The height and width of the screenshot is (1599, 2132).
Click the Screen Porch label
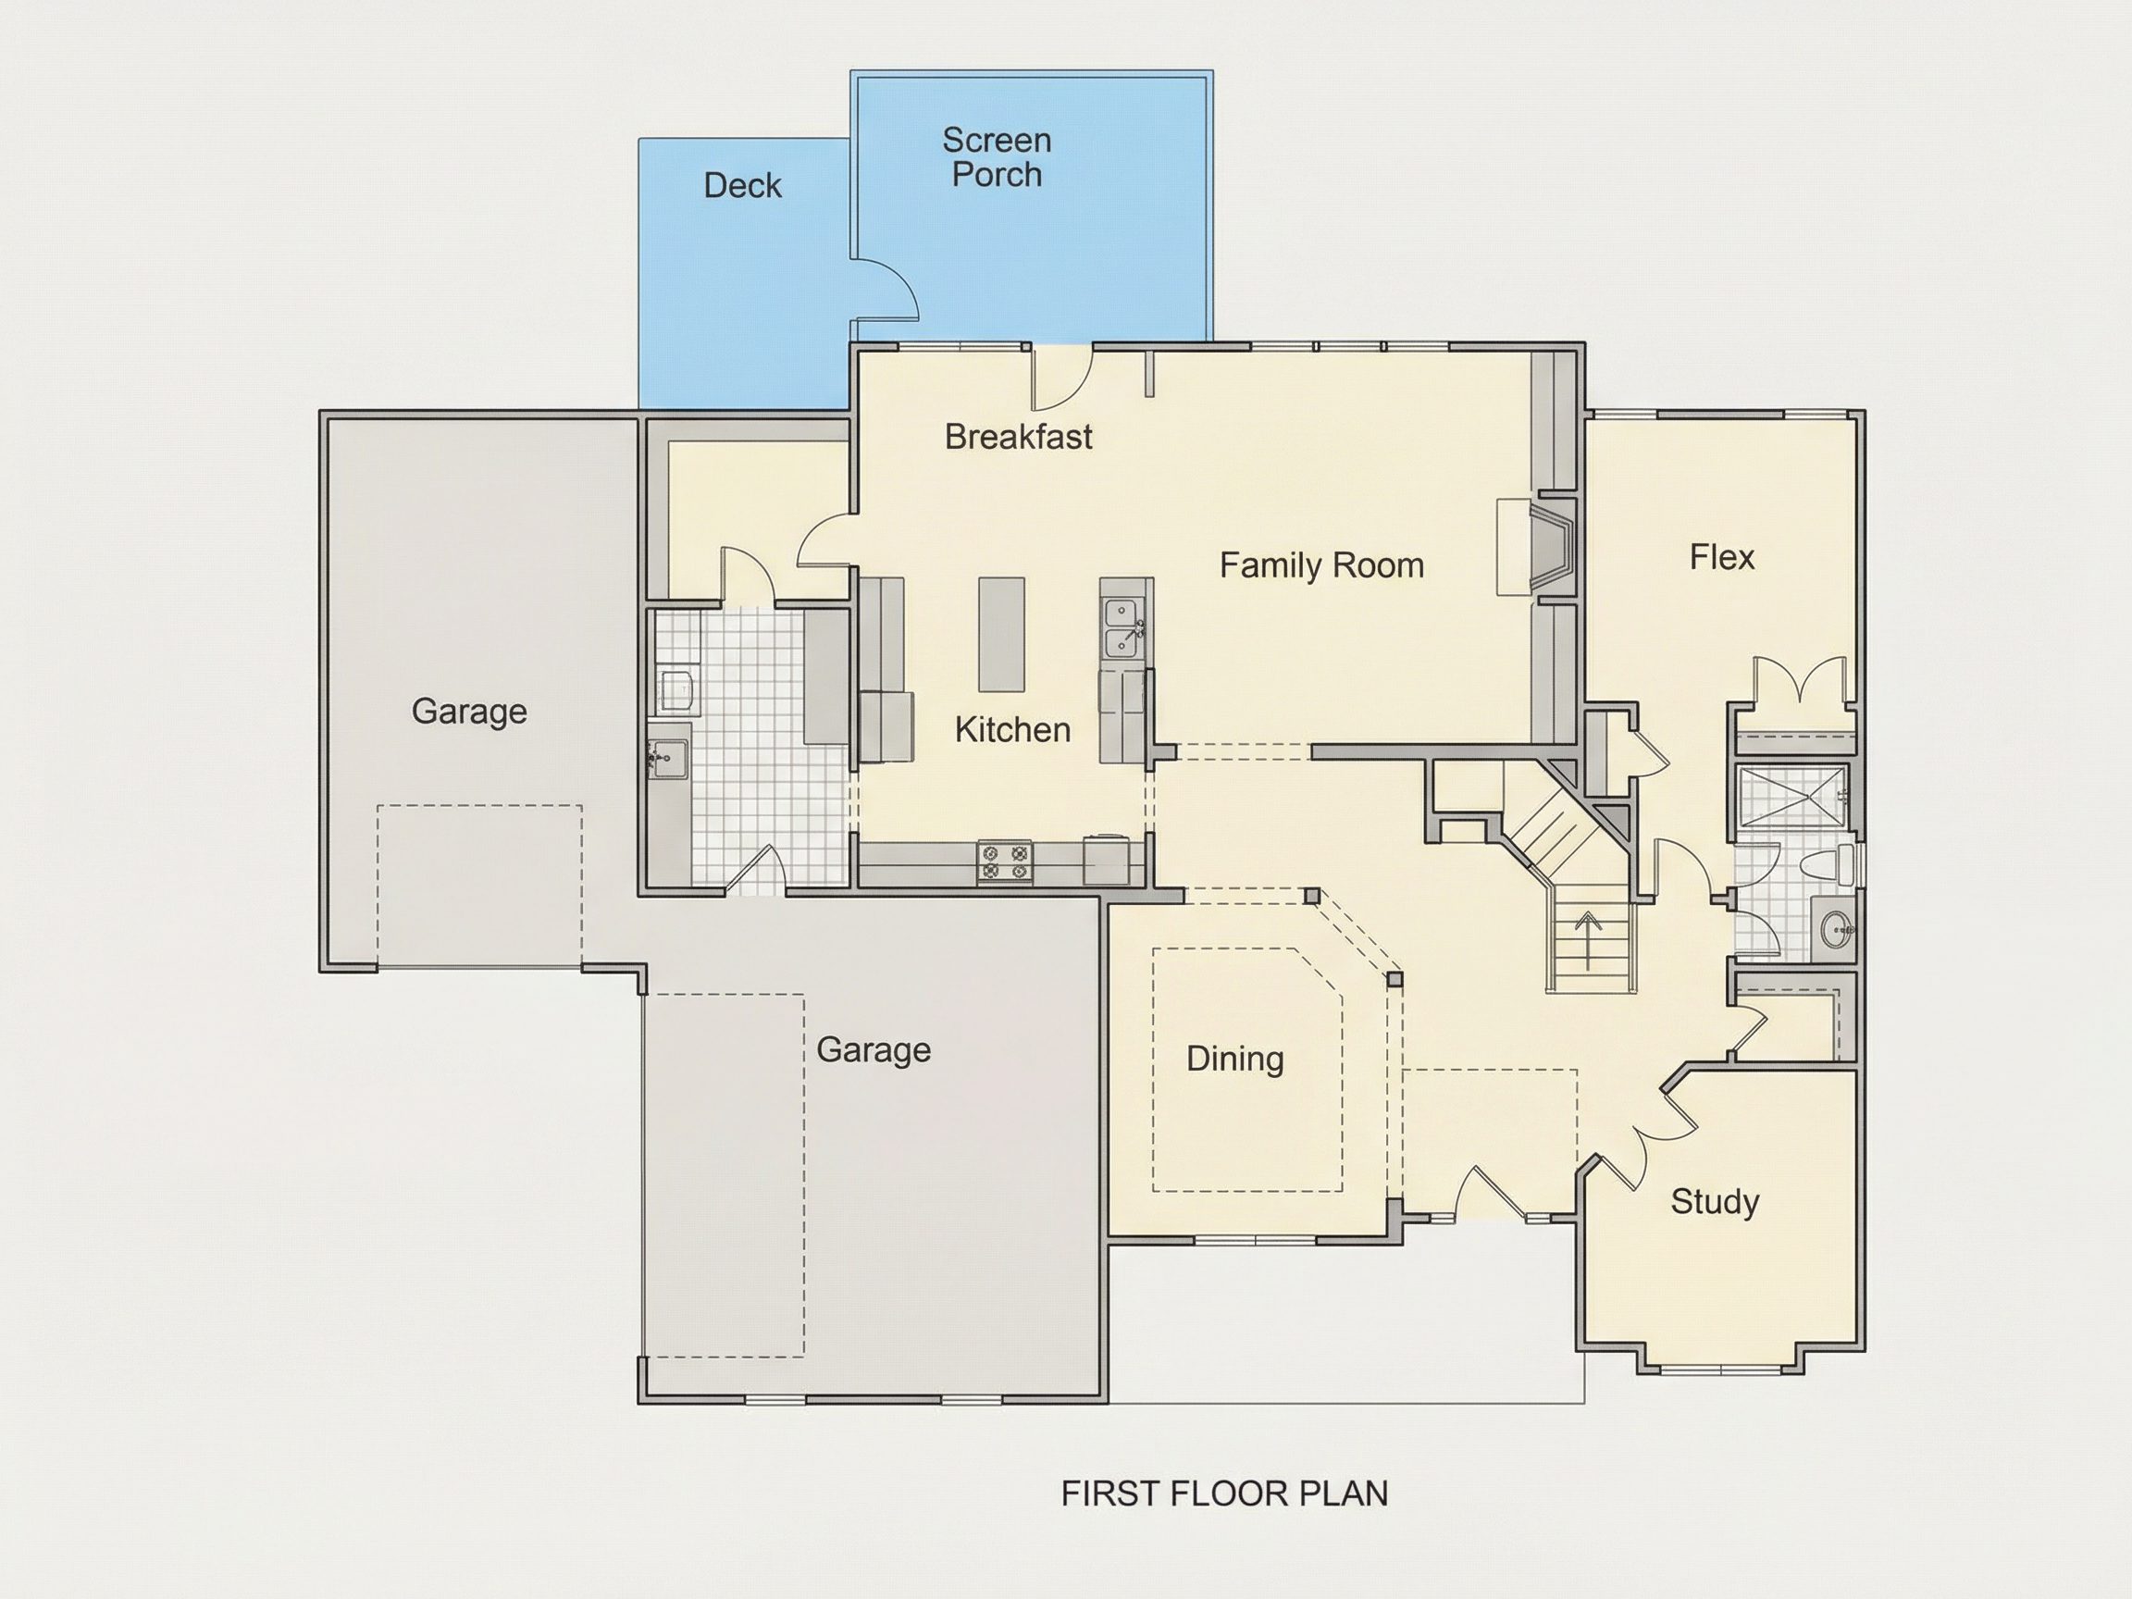pyautogui.click(x=997, y=157)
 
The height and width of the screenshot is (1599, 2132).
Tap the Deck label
pyautogui.click(x=742, y=185)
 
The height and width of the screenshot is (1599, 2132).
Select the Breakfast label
pyautogui.click(x=1018, y=437)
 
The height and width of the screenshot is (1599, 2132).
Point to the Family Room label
pyautogui.click(x=1321, y=564)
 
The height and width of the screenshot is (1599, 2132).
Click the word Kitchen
pyautogui.click(x=1012, y=729)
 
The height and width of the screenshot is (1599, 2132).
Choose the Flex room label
pyautogui.click(x=1721, y=556)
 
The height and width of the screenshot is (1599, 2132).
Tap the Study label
pyautogui.click(x=1715, y=1202)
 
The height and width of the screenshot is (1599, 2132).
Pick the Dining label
pyautogui.click(x=1234, y=1059)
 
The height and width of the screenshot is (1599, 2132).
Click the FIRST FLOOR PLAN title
pyautogui.click(x=1224, y=1493)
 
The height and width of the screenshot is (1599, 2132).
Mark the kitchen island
pyautogui.click(x=1001, y=634)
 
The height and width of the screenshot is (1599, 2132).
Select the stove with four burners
pyautogui.click(x=1004, y=861)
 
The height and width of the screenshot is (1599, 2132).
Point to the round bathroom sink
pyautogui.click(x=1836, y=929)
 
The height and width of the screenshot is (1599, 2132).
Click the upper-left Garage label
pyautogui.click(x=468, y=712)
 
